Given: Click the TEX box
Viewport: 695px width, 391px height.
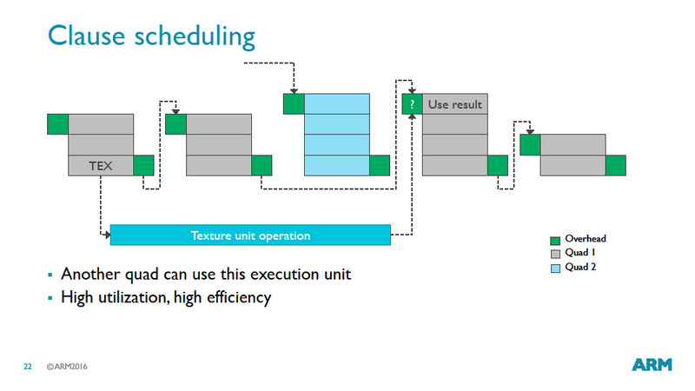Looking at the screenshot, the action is tap(101, 165).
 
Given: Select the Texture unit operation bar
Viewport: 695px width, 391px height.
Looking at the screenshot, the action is tap(250, 235).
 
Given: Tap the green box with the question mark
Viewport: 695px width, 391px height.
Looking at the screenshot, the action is tap(412, 104).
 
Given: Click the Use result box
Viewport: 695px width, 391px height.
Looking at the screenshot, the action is tap(454, 104).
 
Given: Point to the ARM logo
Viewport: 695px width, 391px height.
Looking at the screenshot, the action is tap(652, 364).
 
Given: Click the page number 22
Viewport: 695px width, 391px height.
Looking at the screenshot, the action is tap(28, 367).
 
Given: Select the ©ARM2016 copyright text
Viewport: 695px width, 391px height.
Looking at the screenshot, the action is tap(67, 367).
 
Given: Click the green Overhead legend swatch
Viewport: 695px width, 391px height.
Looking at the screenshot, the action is tap(555, 241).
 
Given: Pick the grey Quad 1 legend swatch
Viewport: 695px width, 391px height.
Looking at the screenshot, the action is tap(555, 254).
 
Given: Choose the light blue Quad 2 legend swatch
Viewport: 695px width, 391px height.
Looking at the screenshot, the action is tap(555, 268).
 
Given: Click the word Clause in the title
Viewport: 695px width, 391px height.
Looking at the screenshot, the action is tap(86, 36).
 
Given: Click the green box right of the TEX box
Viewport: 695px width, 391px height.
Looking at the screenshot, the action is tap(143, 165).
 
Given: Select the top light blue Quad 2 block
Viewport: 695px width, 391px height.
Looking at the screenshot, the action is tap(337, 103).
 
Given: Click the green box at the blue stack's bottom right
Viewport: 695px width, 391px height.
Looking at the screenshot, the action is tap(380, 165).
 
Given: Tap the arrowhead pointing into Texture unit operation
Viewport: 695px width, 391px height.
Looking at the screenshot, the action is tap(107, 235).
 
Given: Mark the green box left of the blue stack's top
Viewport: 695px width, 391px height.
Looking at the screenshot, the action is tap(294, 103).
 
